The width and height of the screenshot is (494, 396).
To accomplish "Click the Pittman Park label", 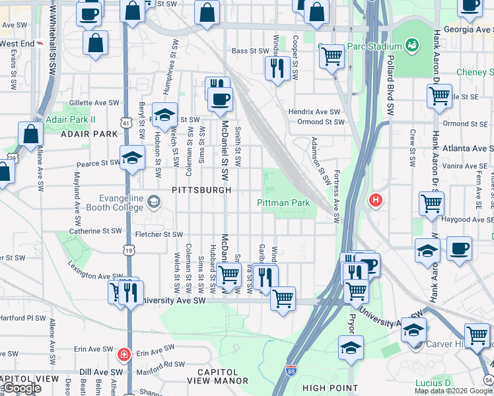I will (x=283, y=203).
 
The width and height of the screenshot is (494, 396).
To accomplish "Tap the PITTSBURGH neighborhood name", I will (x=201, y=190).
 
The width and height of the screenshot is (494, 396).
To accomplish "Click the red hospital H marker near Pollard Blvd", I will (x=376, y=200).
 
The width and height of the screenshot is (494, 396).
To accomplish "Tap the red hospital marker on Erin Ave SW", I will (x=122, y=354).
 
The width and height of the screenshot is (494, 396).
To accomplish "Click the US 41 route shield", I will (x=125, y=122).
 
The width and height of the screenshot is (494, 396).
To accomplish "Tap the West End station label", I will (x=18, y=44).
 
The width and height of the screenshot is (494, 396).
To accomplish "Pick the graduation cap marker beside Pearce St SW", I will (x=132, y=158).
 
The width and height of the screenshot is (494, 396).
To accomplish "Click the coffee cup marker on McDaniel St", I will (x=220, y=100).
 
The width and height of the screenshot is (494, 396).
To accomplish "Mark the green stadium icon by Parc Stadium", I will (x=412, y=45).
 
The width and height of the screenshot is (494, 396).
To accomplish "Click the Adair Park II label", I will (x=71, y=119).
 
